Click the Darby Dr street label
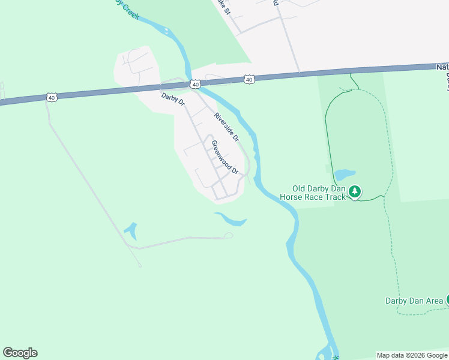coord(173,100)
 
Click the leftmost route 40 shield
coord(52,97)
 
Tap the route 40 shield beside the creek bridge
coord(195,85)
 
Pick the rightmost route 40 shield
coord(249,79)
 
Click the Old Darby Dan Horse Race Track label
coord(313,193)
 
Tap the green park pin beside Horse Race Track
coord(355,191)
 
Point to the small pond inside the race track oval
coord(345,175)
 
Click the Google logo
coord(20,353)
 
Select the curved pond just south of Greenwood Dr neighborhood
coord(232,220)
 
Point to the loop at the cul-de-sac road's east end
coord(228,236)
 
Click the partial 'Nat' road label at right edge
coord(442,67)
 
